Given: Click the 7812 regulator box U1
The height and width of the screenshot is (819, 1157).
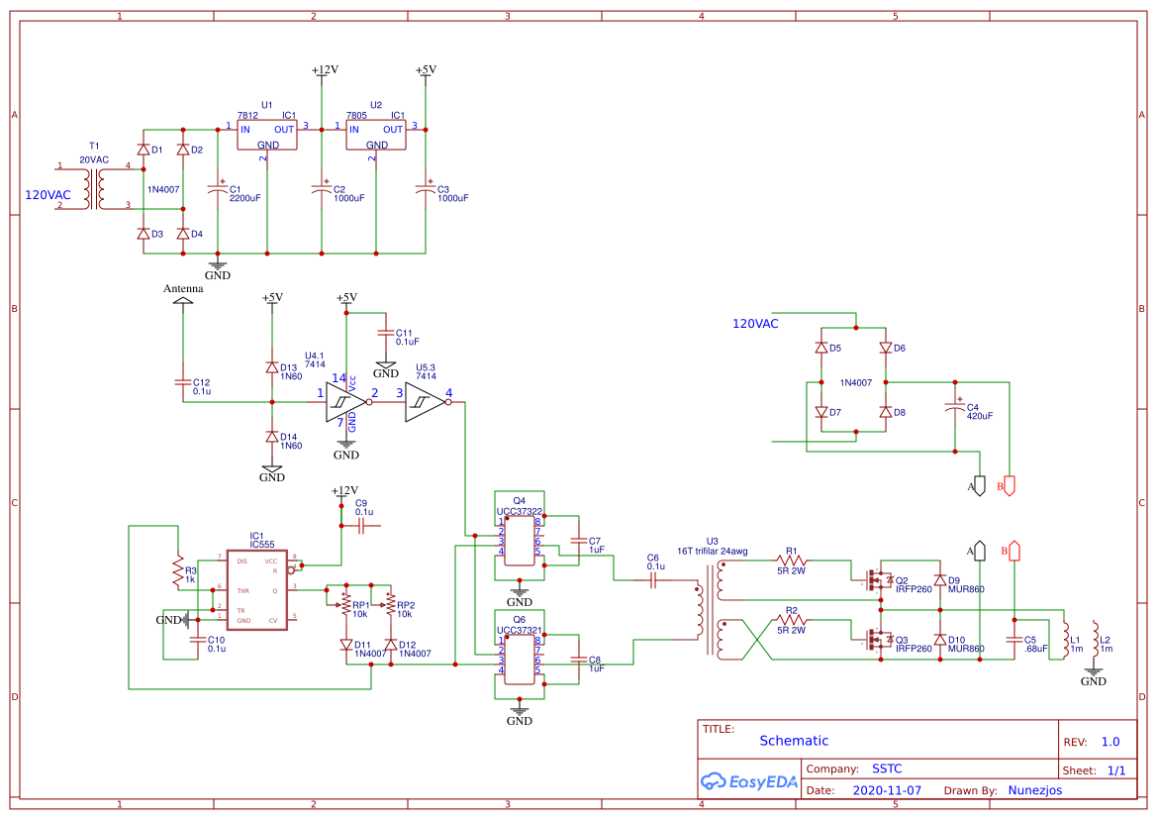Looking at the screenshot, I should point(266,136).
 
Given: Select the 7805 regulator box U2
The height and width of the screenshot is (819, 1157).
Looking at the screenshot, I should point(375,136).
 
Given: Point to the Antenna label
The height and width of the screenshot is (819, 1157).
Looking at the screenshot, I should point(183,289).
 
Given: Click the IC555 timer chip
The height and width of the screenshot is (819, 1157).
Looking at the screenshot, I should point(257,590).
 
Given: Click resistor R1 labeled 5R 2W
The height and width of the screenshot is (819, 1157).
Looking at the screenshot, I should point(792,562).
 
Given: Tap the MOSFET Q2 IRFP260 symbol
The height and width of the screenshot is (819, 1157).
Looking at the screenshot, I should point(875,579).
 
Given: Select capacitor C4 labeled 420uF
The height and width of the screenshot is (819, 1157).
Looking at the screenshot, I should point(955,407).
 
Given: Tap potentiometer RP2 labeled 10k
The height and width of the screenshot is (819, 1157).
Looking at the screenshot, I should point(390,604).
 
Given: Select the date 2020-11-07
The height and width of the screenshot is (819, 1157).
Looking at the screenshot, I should point(886,791).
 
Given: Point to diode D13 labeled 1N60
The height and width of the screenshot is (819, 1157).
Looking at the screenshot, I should point(272,366).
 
